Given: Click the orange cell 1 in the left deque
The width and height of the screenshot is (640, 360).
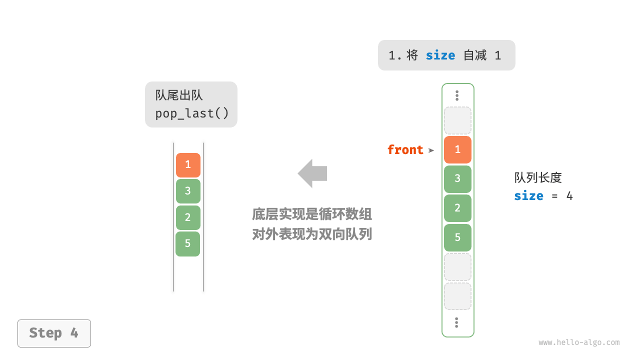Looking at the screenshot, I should (x=188, y=165).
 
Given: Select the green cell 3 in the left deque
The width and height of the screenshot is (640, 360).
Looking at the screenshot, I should (x=188, y=191).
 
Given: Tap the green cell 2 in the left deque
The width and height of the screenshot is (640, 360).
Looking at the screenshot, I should (x=188, y=217).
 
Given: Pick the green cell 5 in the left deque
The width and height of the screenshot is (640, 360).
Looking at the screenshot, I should (x=188, y=244).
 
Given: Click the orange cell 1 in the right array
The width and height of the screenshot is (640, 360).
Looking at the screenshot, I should (x=457, y=149).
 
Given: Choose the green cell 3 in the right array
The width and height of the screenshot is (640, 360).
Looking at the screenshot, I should (x=457, y=179).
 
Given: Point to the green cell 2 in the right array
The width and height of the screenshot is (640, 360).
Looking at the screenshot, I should (x=457, y=208).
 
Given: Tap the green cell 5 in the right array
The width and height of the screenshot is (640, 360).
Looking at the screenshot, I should (x=457, y=237).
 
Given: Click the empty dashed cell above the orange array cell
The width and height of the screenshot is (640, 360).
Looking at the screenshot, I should (x=457, y=120).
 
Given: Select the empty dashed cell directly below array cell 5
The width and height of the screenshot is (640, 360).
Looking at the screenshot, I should (x=457, y=266).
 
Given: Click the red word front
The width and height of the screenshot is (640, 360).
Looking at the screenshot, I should (x=405, y=150).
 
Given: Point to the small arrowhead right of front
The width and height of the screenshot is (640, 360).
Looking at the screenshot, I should (x=431, y=150).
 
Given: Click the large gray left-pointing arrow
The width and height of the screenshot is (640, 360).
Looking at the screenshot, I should (x=312, y=173).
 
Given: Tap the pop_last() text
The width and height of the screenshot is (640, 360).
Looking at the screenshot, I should (x=191, y=113).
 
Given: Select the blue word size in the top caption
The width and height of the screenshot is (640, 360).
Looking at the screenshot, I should (x=440, y=55).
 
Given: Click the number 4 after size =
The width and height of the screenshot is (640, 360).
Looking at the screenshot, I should (x=569, y=196).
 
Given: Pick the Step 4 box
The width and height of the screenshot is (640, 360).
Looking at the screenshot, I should (x=54, y=333).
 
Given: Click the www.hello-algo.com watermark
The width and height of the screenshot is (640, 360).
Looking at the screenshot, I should (x=579, y=342).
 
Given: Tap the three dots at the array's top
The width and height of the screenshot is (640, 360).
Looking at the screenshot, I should (x=457, y=95).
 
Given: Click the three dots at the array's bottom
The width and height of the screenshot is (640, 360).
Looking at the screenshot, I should (x=457, y=322).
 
